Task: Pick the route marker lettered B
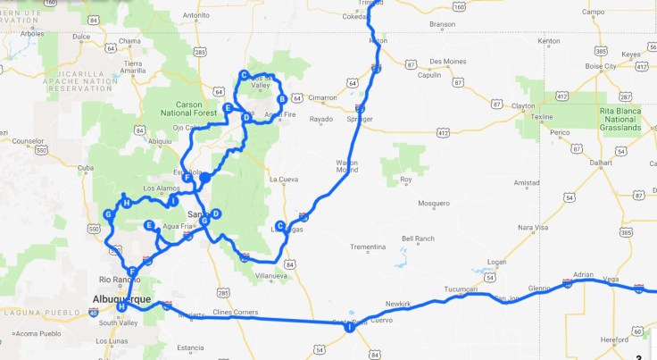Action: coord(282,99)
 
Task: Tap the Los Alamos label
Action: coord(161,188)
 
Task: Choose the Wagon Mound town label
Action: coord(347,165)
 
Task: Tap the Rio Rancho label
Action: coord(126,279)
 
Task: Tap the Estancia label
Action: coord(191,347)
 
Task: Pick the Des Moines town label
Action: coord(447,61)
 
